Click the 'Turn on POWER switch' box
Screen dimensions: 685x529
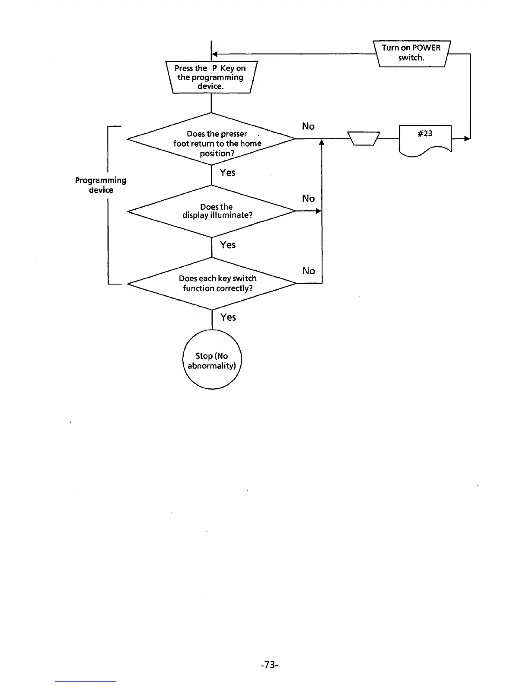pos(411,53)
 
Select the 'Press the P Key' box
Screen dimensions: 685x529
pos(211,77)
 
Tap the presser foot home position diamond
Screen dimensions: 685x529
pos(211,139)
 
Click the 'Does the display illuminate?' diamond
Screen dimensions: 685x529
pos(212,211)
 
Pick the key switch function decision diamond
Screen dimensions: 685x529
pos(212,283)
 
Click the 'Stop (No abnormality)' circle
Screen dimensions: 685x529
pos(212,360)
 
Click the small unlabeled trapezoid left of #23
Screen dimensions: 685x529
pos(363,138)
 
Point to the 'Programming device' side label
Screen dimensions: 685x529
pos(101,185)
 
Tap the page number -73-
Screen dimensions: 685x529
pos(269,665)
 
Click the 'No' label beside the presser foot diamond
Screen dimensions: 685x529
pos(308,126)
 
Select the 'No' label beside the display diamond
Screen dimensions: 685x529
pos(308,198)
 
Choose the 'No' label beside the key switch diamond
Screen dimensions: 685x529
pos(309,271)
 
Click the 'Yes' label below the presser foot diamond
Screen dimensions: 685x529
pos(227,173)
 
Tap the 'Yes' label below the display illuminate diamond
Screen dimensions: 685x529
pos(228,245)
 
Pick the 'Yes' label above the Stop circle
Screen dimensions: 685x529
pos(228,317)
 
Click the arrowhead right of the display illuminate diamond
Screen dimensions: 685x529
pos(319,211)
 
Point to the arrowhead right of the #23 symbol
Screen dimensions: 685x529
pos(467,139)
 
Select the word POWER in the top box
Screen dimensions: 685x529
pos(426,48)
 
